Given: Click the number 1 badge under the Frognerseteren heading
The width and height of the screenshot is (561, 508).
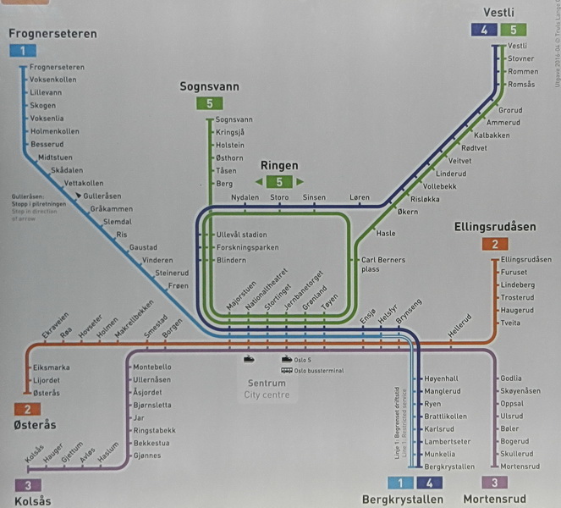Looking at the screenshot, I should click(22, 51).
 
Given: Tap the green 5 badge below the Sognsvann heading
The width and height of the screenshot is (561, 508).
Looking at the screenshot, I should click(208, 104).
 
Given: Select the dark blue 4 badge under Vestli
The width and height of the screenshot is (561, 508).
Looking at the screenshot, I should click(483, 30).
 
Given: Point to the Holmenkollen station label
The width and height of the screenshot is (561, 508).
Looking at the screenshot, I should click(54, 131).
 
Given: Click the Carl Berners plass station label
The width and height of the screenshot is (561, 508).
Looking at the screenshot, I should click(382, 264).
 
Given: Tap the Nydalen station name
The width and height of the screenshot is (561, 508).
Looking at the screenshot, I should click(245, 198).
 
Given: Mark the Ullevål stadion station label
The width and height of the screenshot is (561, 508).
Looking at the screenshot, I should click(242, 235).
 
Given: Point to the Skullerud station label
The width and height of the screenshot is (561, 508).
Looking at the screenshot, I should click(518, 454).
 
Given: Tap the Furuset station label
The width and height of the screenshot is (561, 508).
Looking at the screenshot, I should click(514, 273).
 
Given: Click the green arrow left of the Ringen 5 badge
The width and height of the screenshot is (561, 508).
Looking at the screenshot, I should click(253, 182).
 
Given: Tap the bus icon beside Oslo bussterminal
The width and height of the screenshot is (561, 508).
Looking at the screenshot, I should click(287, 369).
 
